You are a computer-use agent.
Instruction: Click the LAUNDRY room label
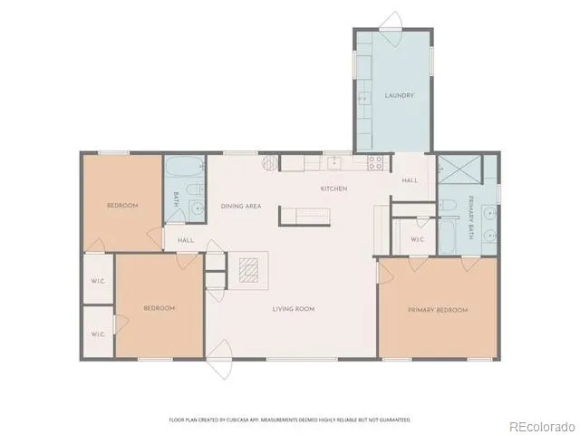399,95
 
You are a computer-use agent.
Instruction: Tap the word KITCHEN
333,188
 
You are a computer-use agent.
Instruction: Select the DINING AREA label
241,207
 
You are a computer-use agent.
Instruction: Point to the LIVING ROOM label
293,309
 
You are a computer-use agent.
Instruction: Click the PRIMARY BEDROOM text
438,310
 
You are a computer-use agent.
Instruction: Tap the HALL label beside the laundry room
410,180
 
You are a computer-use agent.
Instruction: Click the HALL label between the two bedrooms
186,240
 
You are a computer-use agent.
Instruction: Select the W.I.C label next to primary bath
418,239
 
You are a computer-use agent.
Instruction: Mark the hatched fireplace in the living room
248,269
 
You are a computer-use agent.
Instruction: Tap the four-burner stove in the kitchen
374,163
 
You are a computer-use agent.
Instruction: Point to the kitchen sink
334,163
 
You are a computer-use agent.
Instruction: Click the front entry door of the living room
220,362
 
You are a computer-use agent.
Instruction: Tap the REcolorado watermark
541,426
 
